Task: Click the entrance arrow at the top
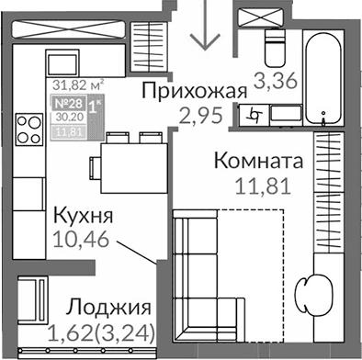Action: pyautogui.click(x=205, y=32)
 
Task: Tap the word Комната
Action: pyautogui.click(x=260, y=161)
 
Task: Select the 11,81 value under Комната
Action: pyautogui.click(x=260, y=185)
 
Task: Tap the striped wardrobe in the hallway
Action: pyautogui.click(x=143, y=42)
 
